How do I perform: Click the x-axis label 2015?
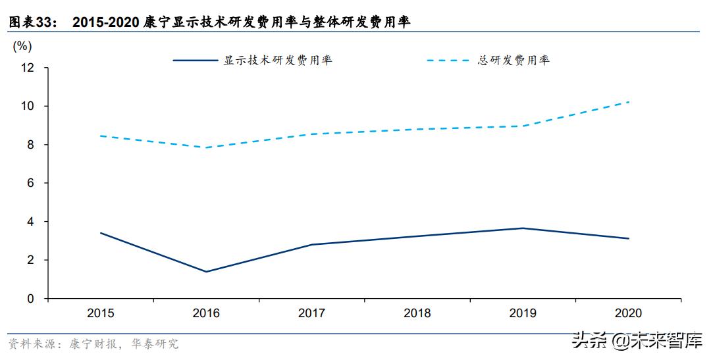pyautogui.click(x=100, y=313)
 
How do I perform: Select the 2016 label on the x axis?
pyautogui.click(x=206, y=313)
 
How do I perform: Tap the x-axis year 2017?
pyautogui.click(x=312, y=313)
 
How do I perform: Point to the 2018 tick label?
pyautogui.click(x=417, y=313)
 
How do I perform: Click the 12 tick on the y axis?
pyautogui.click(x=28, y=68)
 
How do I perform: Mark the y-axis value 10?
pyautogui.click(x=28, y=106)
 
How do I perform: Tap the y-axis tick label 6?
pyautogui.click(x=30, y=183)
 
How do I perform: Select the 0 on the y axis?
pyautogui.click(x=30, y=299)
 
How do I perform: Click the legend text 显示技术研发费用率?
pyautogui.click(x=278, y=61)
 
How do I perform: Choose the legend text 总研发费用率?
pyautogui.click(x=514, y=61)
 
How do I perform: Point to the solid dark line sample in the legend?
pyautogui.click(x=196, y=61)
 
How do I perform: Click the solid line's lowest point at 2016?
pyautogui.click(x=206, y=272)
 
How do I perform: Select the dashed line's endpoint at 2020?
pyautogui.click(x=629, y=102)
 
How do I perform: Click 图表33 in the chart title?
pyautogui.click(x=30, y=22)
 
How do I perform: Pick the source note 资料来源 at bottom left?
pyautogui.click(x=31, y=344)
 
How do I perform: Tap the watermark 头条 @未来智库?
pyautogui.click(x=637, y=342)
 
